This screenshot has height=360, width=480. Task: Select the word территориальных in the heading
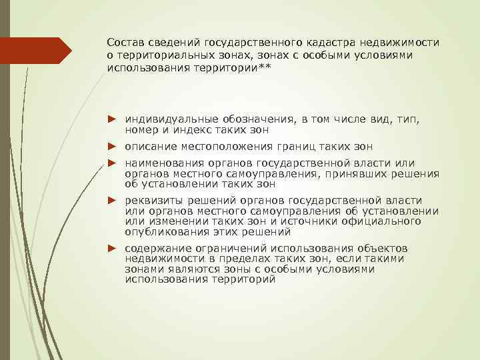point(163,55)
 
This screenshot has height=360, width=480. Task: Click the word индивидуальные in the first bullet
point(166,118)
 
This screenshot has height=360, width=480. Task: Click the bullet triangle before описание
point(113,146)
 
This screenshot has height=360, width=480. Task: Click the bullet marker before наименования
point(113,163)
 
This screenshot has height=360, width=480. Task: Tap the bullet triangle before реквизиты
point(113,200)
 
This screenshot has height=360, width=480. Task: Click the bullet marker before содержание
point(113,248)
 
